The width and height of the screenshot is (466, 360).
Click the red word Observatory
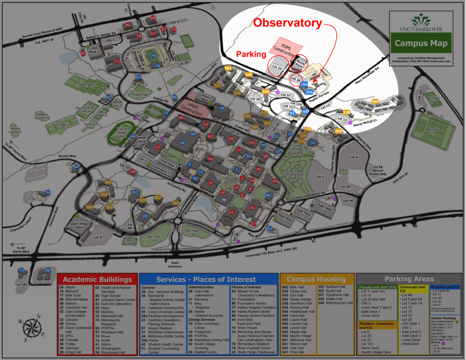tap(288, 23)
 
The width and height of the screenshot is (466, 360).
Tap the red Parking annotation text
tap(251, 54)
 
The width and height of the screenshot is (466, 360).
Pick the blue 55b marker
tap(309, 91)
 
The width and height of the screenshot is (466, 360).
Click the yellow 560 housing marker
tap(375, 101)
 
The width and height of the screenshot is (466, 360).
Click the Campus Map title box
tap(420, 44)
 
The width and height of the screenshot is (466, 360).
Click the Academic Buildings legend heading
tap(97, 279)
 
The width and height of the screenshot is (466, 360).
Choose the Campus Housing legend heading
tap(316, 279)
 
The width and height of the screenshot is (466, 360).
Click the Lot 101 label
tap(21, 285)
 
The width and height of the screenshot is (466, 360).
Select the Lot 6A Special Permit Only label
tap(379, 170)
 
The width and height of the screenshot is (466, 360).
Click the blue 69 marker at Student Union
tap(222, 108)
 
